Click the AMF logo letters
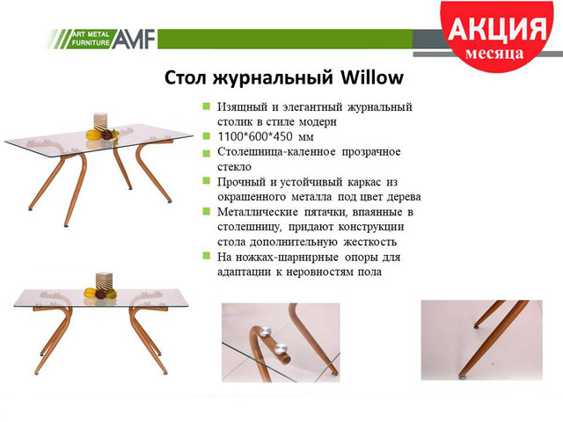pyautogui.click(x=133, y=39)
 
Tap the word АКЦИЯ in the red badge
pyautogui.click(x=497, y=28)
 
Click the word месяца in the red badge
pyautogui.click(x=494, y=54)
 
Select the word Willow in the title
pyautogui.click(x=372, y=77)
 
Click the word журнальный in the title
pyautogui.click(x=273, y=78)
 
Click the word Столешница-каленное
pyautogui.click(x=276, y=152)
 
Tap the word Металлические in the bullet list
pyautogui.click(x=258, y=212)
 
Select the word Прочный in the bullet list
pyautogui.click(x=241, y=182)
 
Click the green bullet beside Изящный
pyautogui.click(x=207, y=106)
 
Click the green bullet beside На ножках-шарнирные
pyautogui.click(x=207, y=256)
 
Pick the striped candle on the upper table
pyautogui.click(x=101, y=122)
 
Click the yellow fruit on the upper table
pyautogui.click(x=94, y=135)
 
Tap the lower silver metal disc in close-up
pyautogui.click(x=281, y=348)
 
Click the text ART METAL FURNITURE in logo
pyautogui.click(x=91, y=39)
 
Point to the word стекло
pyautogui.click(x=234, y=167)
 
